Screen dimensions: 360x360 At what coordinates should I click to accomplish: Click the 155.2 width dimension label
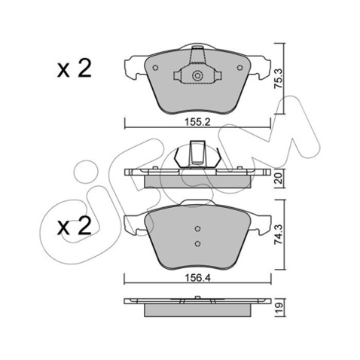[x=197, y=122]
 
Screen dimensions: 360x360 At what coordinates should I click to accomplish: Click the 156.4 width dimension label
[x=197, y=278]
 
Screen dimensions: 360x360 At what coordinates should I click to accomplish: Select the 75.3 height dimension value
[x=279, y=78]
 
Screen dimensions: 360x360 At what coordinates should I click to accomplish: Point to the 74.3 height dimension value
[x=279, y=234]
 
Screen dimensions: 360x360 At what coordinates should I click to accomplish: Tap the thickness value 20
[x=279, y=179]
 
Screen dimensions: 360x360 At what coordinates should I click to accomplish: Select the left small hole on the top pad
[x=155, y=68]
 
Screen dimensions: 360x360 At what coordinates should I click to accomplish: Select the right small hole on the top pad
[x=240, y=68]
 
